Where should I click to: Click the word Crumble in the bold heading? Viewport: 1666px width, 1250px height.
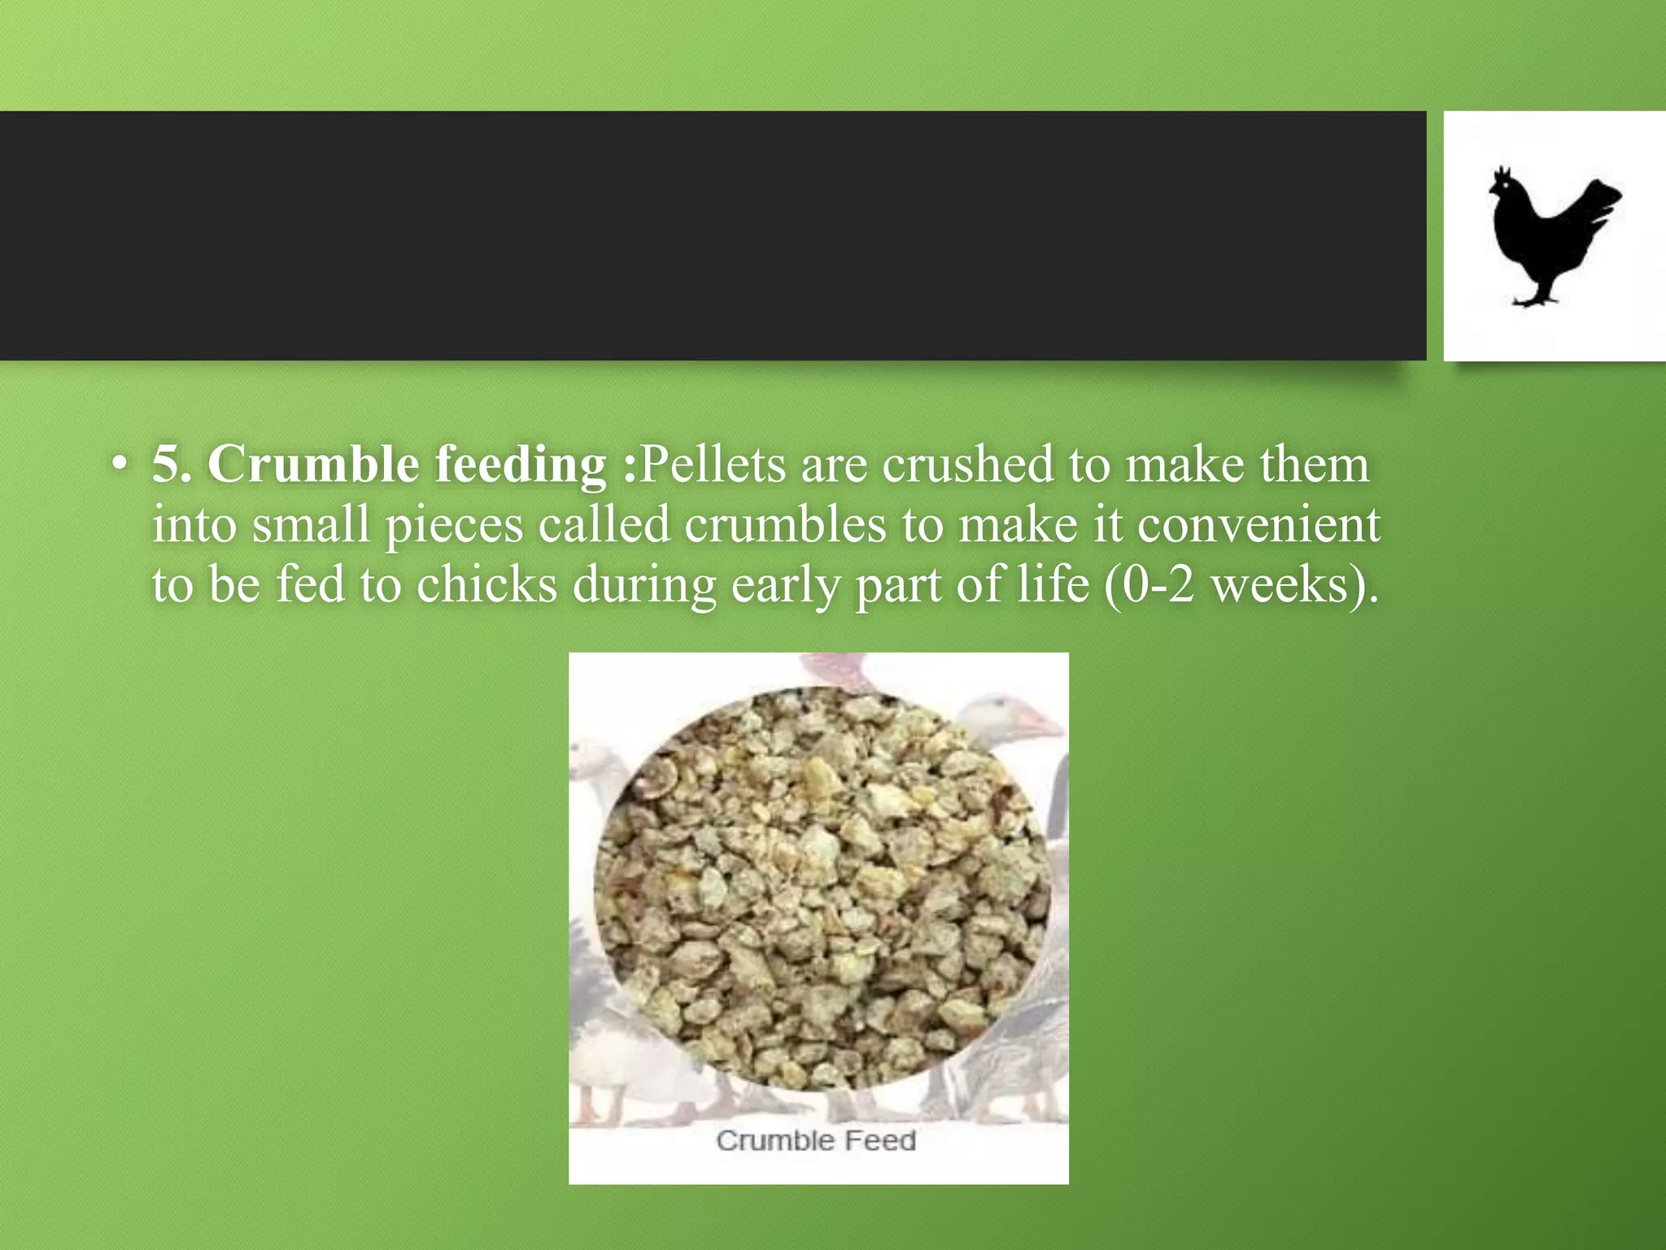[x=312, y=465]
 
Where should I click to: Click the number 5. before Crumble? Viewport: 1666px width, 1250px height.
[x=172, y=465]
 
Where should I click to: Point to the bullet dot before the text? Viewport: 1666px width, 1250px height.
[x=120, y=465]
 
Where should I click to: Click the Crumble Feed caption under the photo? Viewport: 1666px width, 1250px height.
[x=816, y=1141]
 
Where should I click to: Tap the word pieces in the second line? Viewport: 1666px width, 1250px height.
[x=454, y=527]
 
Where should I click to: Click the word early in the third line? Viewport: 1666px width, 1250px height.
[x=785, y=586]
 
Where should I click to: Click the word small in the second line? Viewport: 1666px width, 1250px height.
[x=311, y=525]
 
